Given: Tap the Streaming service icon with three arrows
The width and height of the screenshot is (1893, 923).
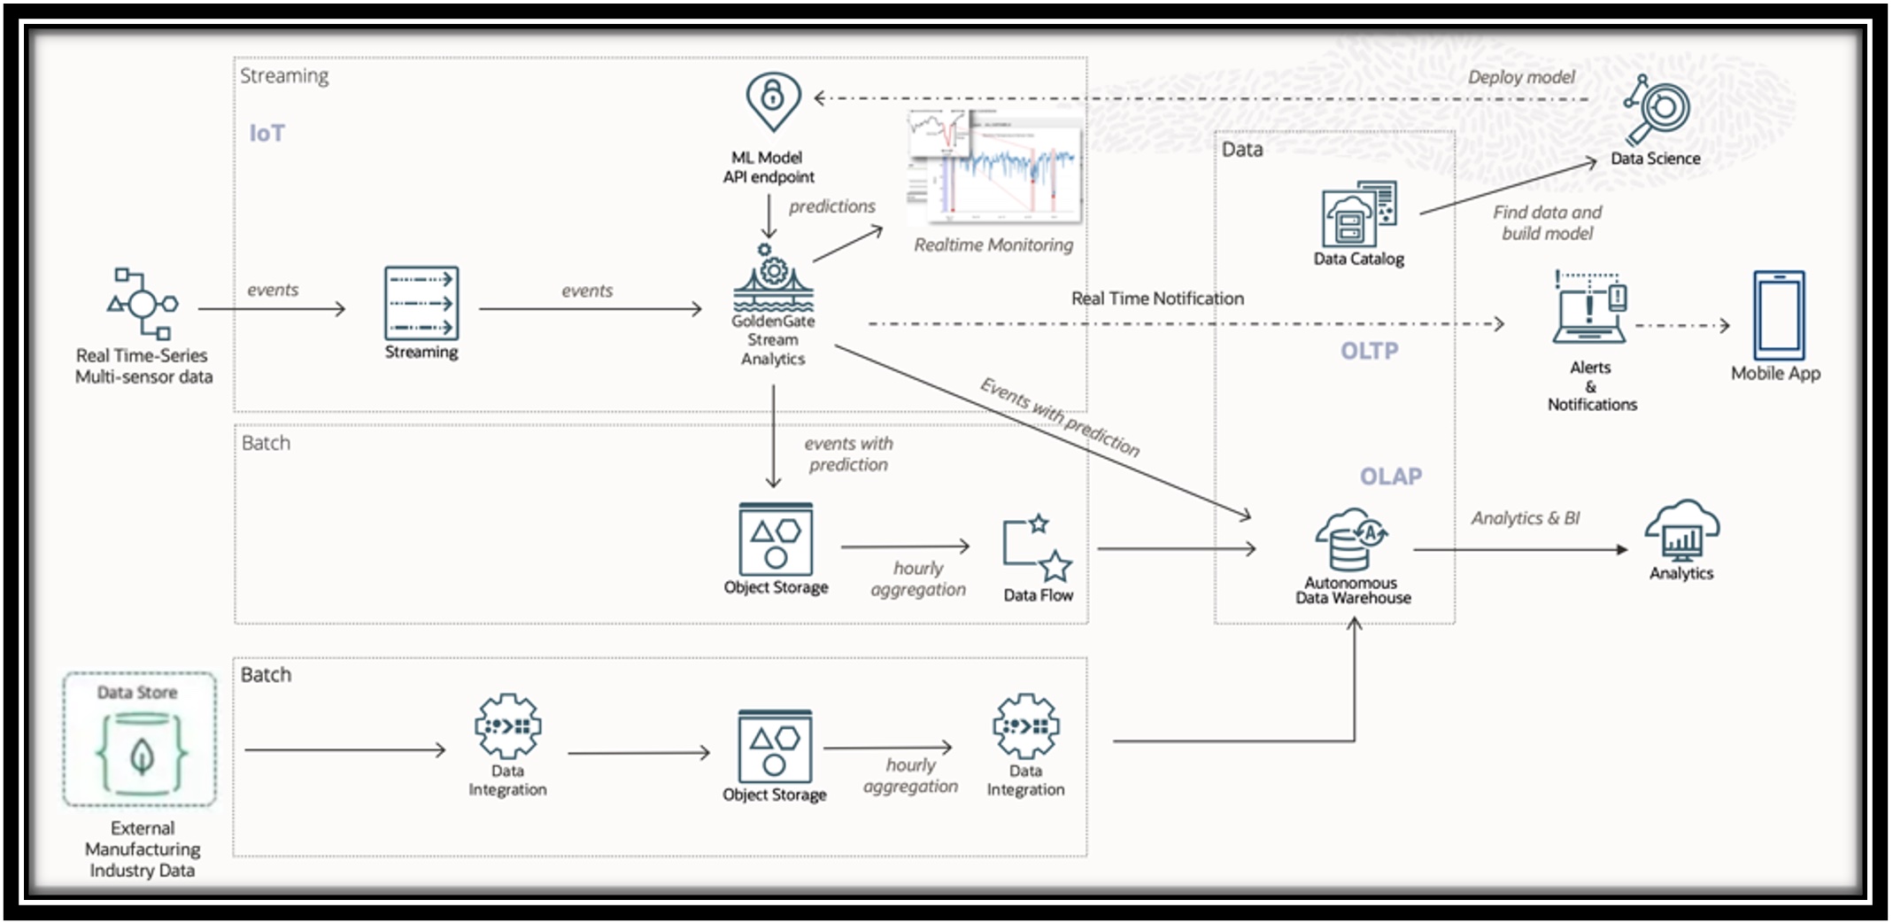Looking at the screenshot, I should (421, 303).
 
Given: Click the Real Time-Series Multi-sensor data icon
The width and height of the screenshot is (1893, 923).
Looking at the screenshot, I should (143, 304).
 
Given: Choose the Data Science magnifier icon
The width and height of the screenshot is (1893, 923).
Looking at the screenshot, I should (1658, 110).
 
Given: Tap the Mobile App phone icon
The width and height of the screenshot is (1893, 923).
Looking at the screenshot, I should (1778, 315).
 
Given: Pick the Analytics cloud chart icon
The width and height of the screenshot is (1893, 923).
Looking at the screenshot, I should (1681, 531).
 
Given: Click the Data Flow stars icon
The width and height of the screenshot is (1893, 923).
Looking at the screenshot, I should (1037, 547).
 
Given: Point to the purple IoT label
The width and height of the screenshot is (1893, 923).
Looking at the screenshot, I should (267, 133).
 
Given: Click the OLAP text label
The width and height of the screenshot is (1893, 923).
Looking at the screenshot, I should (1390, 477).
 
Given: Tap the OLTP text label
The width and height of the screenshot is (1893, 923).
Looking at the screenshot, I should (1369, 351).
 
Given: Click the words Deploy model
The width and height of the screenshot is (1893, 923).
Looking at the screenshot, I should (1520, 77).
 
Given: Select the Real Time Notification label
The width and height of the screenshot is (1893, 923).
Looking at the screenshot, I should (1156, 299).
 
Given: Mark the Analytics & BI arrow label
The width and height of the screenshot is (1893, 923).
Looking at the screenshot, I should (1525, 518).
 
